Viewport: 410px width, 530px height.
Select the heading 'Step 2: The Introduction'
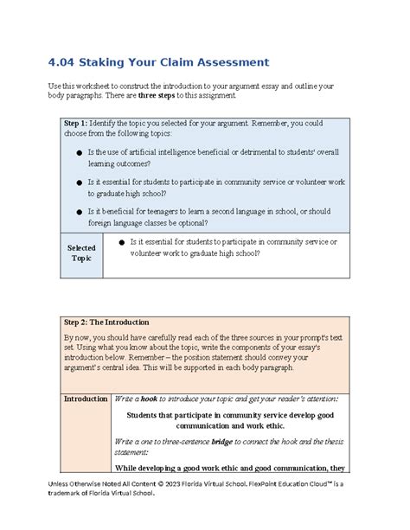pyautogui.click(x=107, y=322)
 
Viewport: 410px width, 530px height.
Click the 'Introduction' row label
pyautogui.click(x=85, y=399)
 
